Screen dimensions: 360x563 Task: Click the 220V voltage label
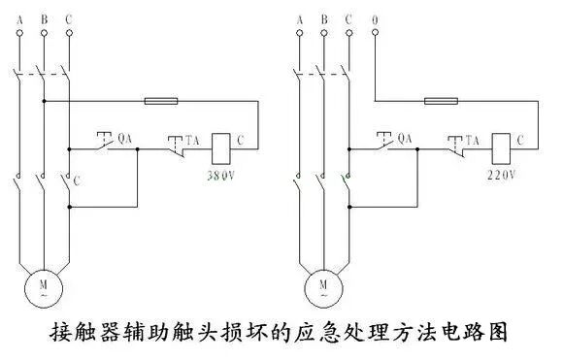point(502,176)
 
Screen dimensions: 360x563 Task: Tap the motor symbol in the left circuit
point(42,285)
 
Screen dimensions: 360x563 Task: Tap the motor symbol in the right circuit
point(322,285)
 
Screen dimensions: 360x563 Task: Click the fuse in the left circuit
point(159,100)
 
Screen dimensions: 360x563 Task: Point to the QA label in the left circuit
point(123,139)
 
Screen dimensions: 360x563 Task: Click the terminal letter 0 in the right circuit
point(375,16)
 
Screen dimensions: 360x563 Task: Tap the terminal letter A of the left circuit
point(18,16)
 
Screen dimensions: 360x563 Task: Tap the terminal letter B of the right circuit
point(322,16)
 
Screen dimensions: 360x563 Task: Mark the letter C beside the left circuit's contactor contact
point(77,180)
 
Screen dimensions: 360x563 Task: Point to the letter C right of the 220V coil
point(522,141)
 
